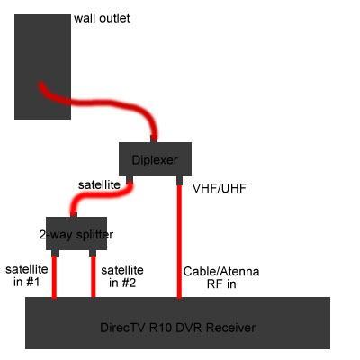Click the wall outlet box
click(42, 67)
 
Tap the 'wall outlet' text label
click(102, 18)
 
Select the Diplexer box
click(155, 159)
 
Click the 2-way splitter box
click(76, 234)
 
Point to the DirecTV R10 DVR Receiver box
click(177, 323)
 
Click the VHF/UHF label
click(220, 188)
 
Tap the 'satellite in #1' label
click(27, 275)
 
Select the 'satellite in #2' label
click(122, 276)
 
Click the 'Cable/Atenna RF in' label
click(221, 277)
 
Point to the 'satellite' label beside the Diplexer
click(99, 184)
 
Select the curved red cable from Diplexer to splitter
click(99, 196)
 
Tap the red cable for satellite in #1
click(54, 277)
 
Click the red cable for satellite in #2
click(93, 277)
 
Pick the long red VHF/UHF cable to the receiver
click(179, 242)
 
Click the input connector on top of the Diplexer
click(154, 139)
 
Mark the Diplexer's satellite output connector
click(130, 179)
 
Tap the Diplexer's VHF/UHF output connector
click(179, 180)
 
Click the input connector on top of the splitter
click(74, 215)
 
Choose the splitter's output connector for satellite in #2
click(93, 253)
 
